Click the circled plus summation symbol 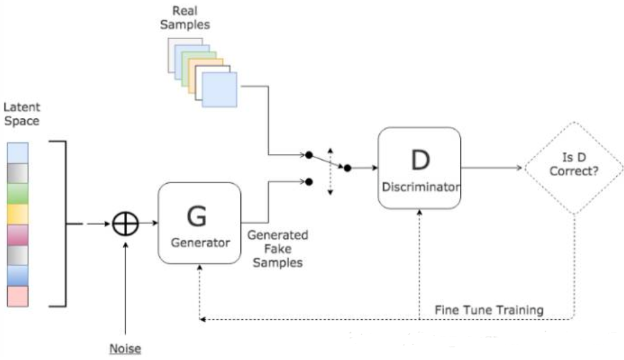tap(126, 224)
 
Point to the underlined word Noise tap(125, 348)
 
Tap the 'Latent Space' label tap(22, 114)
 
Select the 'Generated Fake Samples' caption tap(277, 248)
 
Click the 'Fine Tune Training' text tap(489, 310)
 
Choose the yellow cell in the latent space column tap(18, 214)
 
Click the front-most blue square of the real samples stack tap(219, 90)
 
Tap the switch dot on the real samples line tap(308, 155)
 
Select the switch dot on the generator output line tap(308, 181)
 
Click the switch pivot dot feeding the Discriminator tap(347, 168)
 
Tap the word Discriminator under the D tap(421, 187)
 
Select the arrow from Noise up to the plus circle tap(126, 282)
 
